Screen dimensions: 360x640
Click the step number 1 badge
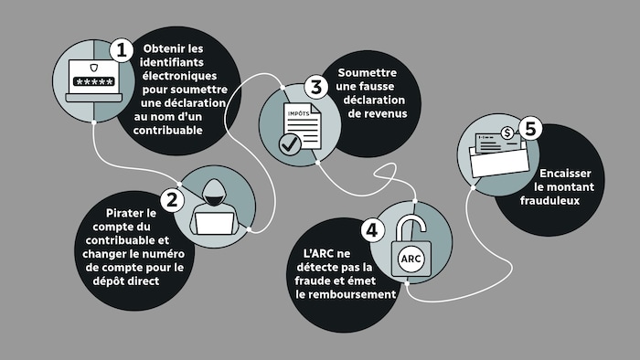pyautogui.click(x=120, y=49)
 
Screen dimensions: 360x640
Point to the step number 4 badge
pyautogui.click(x=370, y=231)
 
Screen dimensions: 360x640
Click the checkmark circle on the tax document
pyautogui.click(x=290, y=143)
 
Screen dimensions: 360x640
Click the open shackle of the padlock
pyautogui.click(x=414, y=224)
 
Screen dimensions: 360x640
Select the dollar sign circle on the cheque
pyautogui.click(x=508, y=133)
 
